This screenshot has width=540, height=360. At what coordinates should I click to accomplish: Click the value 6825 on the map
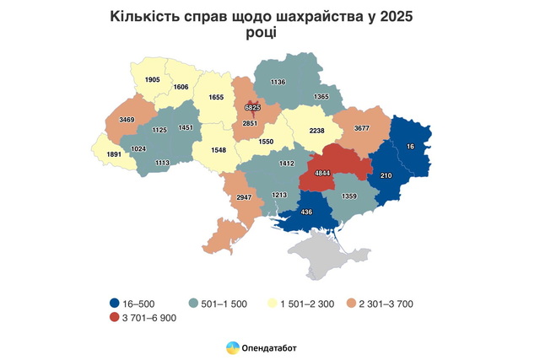point(251,108)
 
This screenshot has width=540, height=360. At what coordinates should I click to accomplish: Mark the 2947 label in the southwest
point(245,196)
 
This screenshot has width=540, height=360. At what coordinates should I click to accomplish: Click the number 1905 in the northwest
point(152,79)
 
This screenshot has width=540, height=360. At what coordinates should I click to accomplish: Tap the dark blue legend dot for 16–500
point(114,304)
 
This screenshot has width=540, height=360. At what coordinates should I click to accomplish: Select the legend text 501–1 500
point(223,304)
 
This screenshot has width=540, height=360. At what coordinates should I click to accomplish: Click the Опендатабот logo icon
point(232,347)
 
